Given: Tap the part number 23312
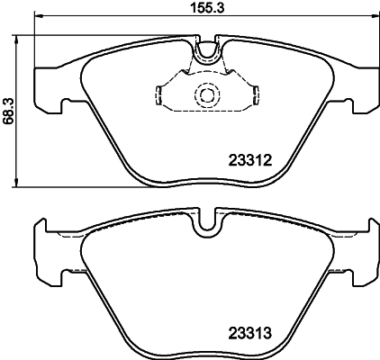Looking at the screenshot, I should click(248, 163).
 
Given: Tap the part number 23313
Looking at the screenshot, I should click(248, 331).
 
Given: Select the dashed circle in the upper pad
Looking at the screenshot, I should click(207, 94).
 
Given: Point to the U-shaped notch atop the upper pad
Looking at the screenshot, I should click(207, 51).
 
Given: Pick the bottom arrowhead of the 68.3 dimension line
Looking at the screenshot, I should click(20, 184).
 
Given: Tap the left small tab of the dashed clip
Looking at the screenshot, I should click(158, 94).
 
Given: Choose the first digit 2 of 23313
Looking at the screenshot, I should click(228, 331).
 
